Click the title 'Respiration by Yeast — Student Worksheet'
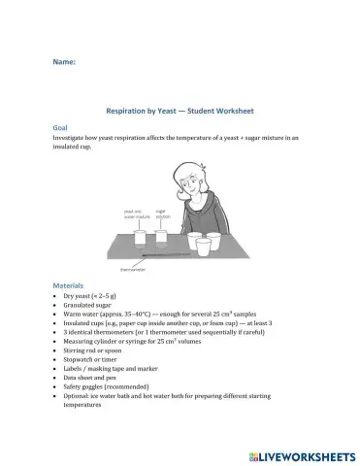pos(180,113)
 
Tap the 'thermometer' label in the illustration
pos(131,270)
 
